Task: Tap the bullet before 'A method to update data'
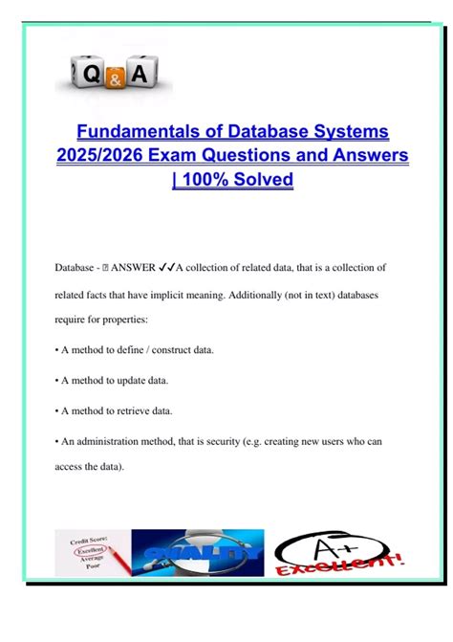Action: [57, 381]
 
